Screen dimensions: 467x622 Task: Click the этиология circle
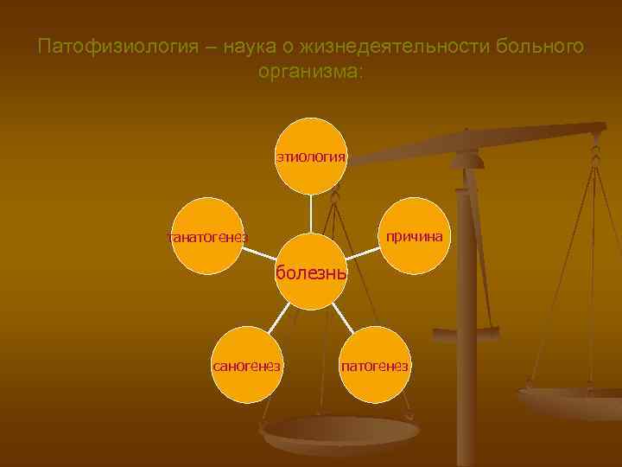pyautogui.click(x=311, y=157)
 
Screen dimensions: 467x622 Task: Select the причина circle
pyautogui.click(x=415, y=236)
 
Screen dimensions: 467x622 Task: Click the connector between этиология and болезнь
pyautogui.click(x=311, y=214)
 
